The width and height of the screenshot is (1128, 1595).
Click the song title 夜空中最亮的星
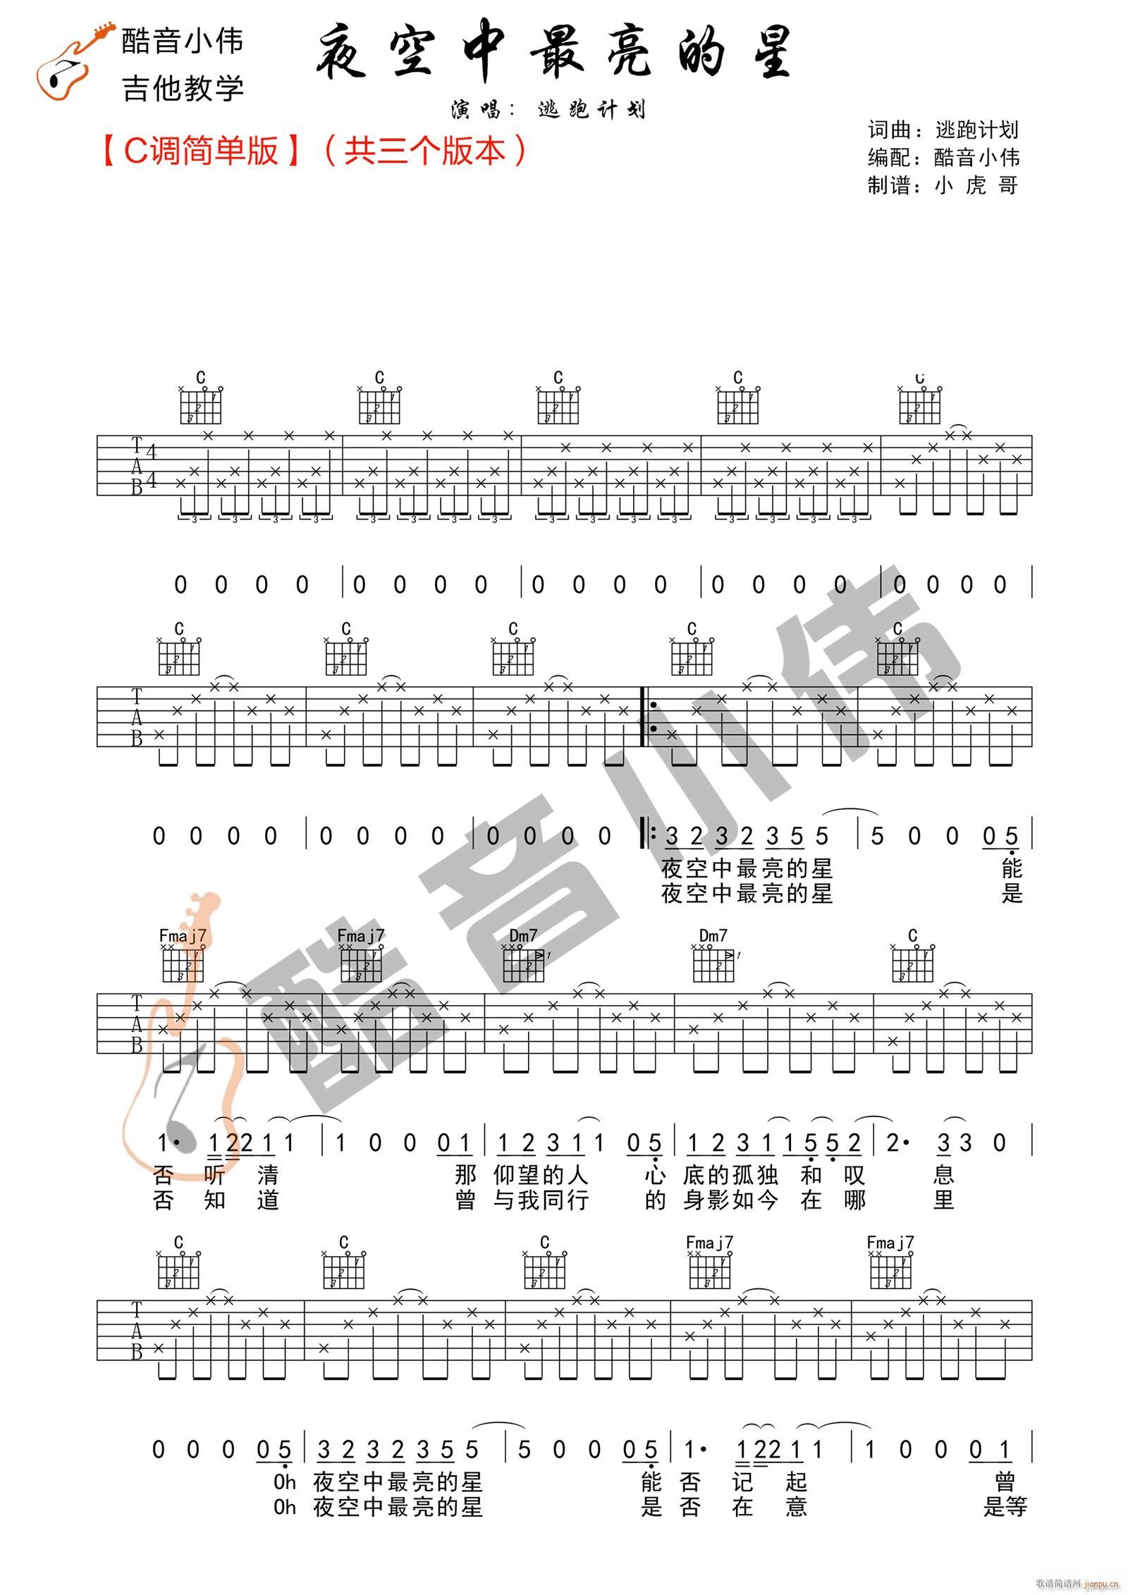[555, 55]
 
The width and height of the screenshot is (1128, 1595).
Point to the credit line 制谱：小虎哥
[943, 185]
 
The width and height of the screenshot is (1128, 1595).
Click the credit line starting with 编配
[943, 157]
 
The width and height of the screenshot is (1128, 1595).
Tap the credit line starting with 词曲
[943, 130]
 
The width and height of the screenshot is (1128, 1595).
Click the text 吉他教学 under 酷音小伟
[183, 89]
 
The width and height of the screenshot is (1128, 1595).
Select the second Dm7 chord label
[713, 936]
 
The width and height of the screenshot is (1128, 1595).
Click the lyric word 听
[215, 1175]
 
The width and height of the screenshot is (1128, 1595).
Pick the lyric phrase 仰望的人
[541, 1175]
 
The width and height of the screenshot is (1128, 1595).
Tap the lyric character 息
[943, 1175]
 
